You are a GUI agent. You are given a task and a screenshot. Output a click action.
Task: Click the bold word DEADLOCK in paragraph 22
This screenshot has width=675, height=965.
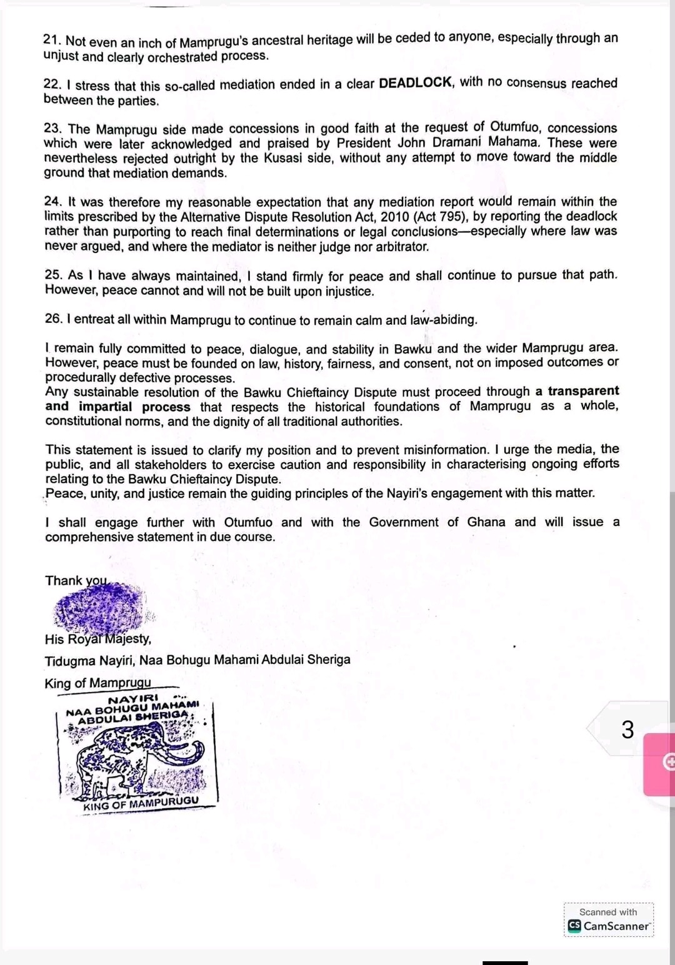[415, 83]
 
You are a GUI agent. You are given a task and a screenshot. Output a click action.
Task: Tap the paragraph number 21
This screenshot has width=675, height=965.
[51, 39]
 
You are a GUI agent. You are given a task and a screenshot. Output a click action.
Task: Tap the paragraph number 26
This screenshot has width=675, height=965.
[53, 319]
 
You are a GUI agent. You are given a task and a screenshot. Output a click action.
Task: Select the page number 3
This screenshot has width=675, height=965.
[627, 730]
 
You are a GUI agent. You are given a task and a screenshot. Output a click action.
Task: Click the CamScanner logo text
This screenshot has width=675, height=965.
[616, 926]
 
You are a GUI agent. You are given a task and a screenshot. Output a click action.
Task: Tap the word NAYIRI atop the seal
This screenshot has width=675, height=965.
[133, 699]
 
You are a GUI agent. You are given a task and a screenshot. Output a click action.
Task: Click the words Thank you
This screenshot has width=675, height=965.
[76, 581]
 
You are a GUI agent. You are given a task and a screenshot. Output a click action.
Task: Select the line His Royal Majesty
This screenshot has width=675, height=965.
[97, 639]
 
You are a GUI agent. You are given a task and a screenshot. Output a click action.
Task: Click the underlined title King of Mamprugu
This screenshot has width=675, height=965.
[98, 683]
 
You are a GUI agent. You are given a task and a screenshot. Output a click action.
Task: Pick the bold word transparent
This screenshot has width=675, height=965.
[583, 391]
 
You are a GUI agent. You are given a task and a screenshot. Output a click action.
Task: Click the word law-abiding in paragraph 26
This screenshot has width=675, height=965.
[443, 320]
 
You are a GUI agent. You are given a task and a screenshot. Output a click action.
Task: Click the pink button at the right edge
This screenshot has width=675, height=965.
[660, 763]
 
